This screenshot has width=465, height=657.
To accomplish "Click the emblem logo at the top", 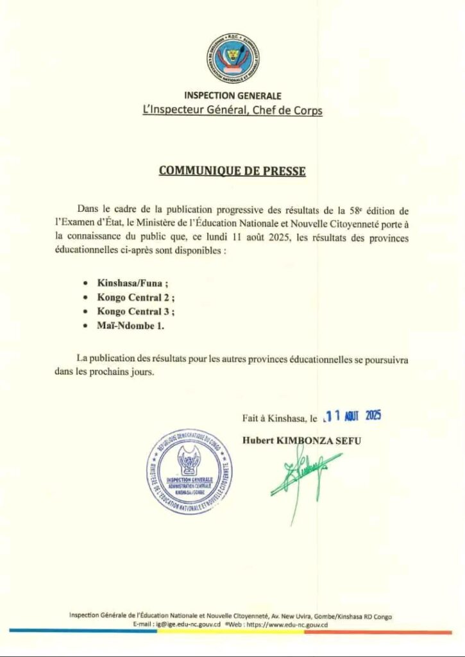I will point(233,57).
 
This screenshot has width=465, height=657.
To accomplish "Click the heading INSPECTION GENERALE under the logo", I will point(232,96).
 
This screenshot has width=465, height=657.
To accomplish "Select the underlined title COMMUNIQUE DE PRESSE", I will point(232,171).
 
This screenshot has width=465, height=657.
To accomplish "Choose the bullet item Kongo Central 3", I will point(136,311).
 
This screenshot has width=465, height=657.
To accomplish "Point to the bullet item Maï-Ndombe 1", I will point(131,326).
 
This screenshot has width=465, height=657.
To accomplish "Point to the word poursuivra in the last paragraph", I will point(386,359).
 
